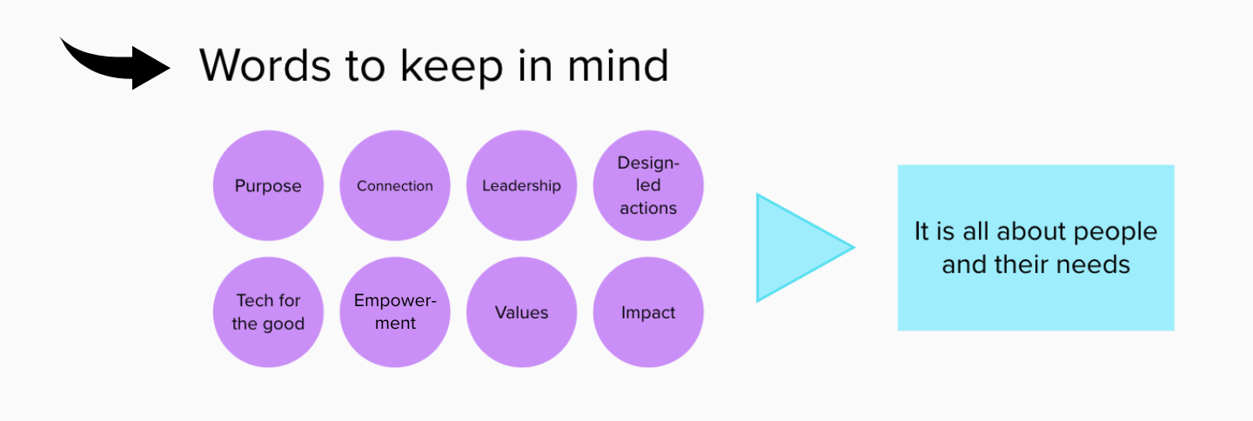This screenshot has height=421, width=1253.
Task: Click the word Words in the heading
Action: click(x=265, y=66)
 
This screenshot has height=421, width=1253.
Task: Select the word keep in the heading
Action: click(x=452, y=67)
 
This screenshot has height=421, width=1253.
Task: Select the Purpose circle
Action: click(x=269, y=185)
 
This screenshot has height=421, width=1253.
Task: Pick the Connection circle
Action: click(x=395, y=185)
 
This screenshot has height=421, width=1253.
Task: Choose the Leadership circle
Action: click(x=521, y=185)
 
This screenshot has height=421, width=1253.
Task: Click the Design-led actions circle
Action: click(x=648, y=185)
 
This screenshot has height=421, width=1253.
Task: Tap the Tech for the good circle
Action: click(x=269, y=312)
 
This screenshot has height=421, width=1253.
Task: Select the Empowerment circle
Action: click(x=395, y=312)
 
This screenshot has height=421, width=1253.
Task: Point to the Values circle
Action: click(x=521, y=312)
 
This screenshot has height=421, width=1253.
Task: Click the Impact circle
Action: click(x=648, y=312)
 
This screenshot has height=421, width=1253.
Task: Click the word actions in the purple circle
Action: click(x=648, y=208)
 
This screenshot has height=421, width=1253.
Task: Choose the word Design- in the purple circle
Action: click(x=648, y=164)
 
